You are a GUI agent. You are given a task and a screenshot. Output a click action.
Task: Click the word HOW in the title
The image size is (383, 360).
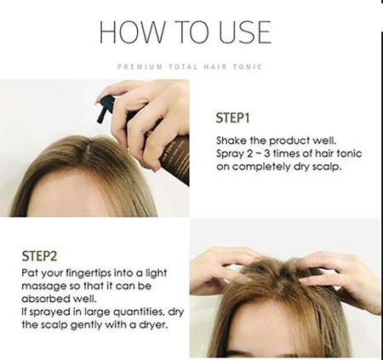(x=132, y=31)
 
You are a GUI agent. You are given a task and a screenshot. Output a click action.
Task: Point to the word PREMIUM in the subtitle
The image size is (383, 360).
(x=140, y=67)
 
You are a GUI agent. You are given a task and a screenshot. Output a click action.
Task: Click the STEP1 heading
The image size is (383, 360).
(x=232, y=118)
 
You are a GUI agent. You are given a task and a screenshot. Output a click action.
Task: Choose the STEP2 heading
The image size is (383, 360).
(x=39, y=256)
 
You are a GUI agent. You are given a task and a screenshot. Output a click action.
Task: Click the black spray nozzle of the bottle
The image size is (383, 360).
(x=105, y=108)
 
